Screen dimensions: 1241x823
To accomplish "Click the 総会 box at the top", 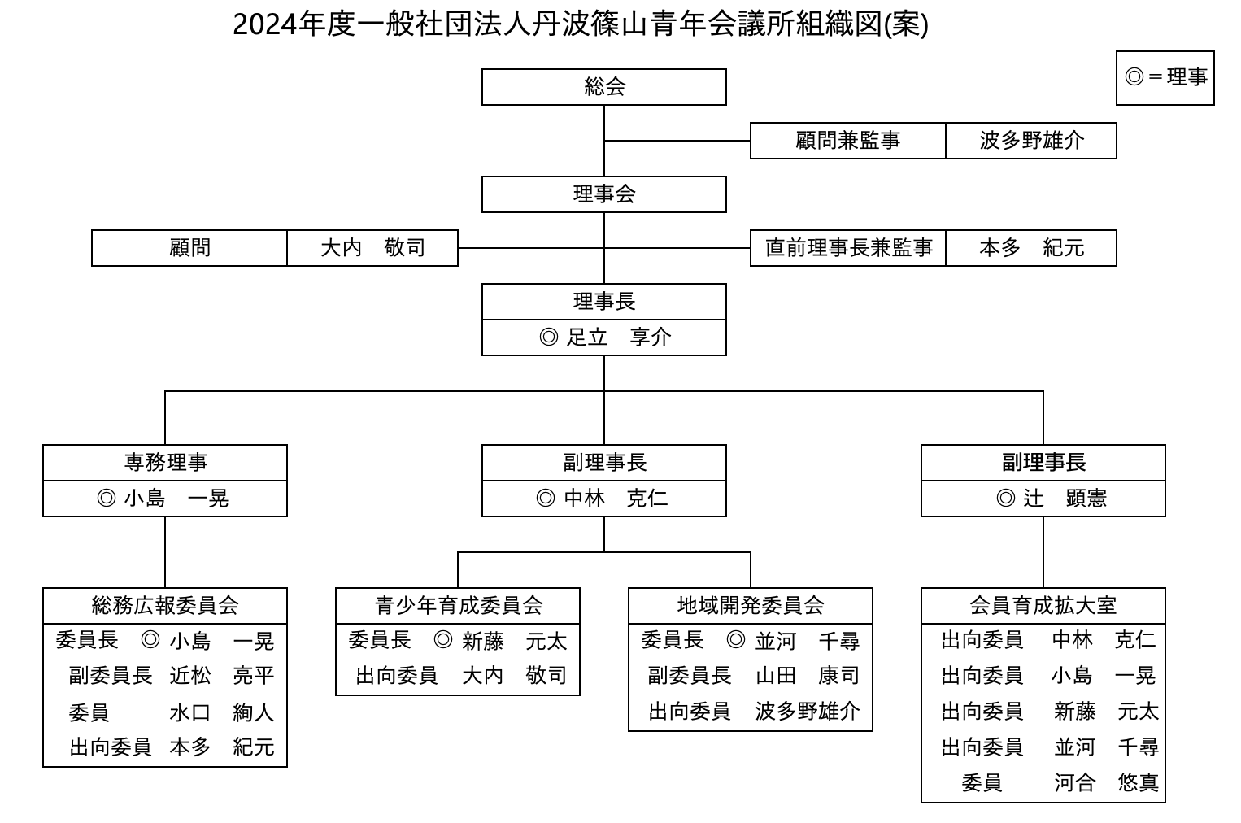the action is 604,87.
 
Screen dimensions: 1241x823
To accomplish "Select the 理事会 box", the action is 604,194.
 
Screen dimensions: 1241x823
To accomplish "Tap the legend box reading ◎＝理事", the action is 1165,78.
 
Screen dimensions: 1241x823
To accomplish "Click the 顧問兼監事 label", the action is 847,141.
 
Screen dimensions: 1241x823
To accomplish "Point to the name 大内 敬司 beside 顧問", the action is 372,248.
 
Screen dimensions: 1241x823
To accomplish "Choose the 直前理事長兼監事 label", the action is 849,248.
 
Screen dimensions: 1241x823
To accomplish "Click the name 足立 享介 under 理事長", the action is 618,337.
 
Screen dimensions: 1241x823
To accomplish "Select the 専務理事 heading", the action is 166,463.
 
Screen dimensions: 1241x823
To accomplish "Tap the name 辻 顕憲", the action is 1065,499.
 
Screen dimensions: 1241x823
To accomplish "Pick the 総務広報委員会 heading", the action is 165,605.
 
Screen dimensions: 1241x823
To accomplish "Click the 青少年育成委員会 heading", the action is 459,605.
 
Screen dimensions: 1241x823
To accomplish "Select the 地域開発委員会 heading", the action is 751,605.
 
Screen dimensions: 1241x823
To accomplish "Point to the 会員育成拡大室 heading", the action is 1043,605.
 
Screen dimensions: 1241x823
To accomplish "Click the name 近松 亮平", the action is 221,677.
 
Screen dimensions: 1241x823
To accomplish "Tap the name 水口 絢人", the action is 221,712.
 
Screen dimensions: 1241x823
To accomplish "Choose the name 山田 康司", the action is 808,677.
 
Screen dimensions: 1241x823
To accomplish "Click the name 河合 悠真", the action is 1106,783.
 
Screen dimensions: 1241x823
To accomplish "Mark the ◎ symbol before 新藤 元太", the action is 443,640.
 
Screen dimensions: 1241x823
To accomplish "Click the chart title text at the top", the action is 581,25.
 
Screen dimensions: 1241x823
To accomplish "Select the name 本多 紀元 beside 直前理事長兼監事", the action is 1031,248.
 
